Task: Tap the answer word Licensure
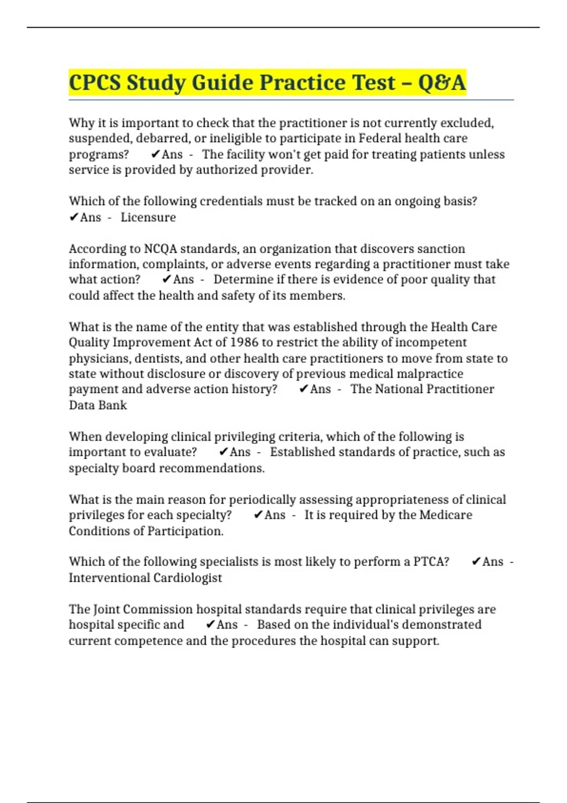tap(148, 217)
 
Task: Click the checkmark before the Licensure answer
tap(74, 217)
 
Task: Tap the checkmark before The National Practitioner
tap(304, 389)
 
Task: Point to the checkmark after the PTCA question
tap(476, 562)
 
